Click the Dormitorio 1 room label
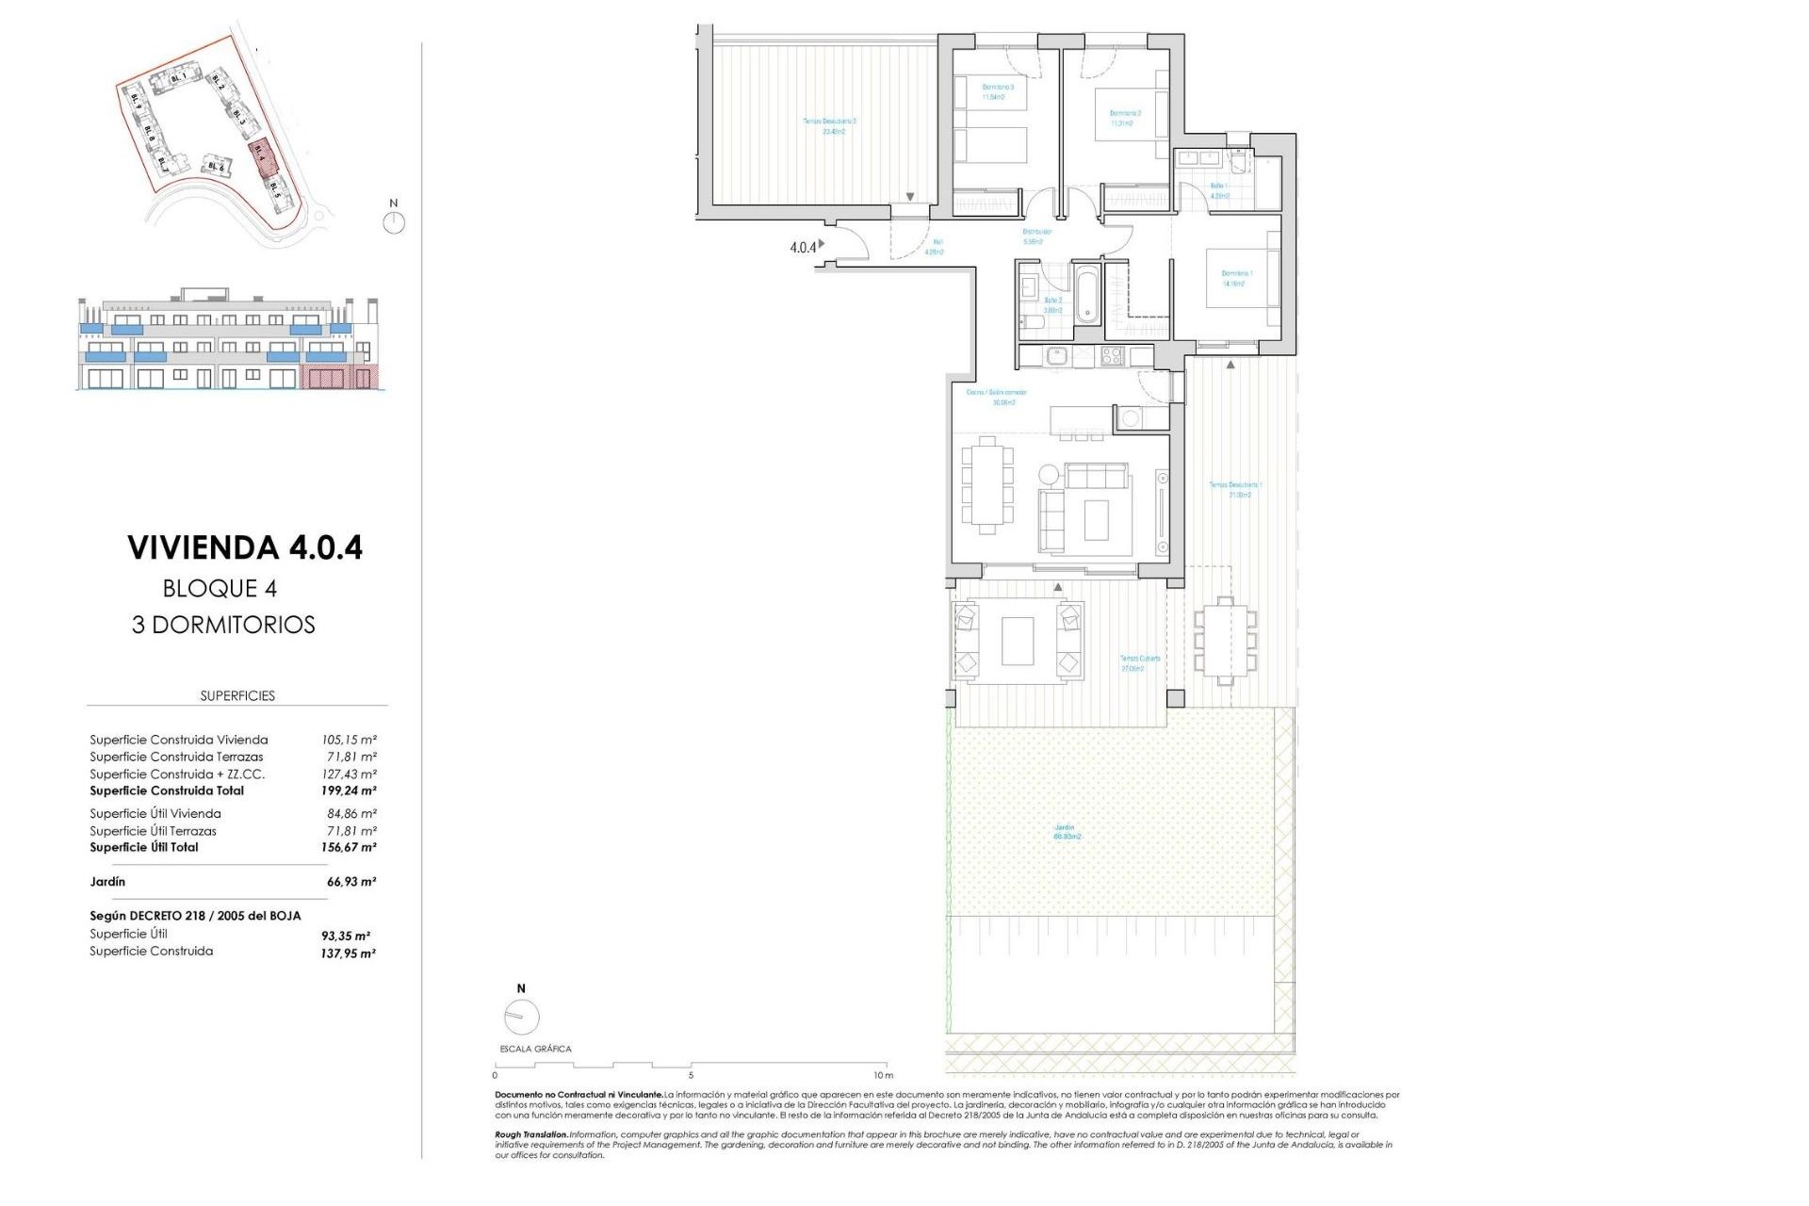click(1237, 274)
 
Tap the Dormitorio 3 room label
click(999, 87)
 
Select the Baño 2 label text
click(1052, 301)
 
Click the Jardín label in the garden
click(1066, 827)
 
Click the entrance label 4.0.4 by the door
click(803, 248)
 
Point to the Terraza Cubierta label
click(1139, 659)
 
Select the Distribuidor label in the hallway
click(1037, 231)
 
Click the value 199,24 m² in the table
click(348, 791)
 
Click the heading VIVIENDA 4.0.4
click(245, 547)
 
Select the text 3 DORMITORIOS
click(223, 625)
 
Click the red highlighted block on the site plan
click(262, 156)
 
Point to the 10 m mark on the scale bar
click(882, 1075)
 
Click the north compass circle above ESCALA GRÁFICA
click(522, 1018)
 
